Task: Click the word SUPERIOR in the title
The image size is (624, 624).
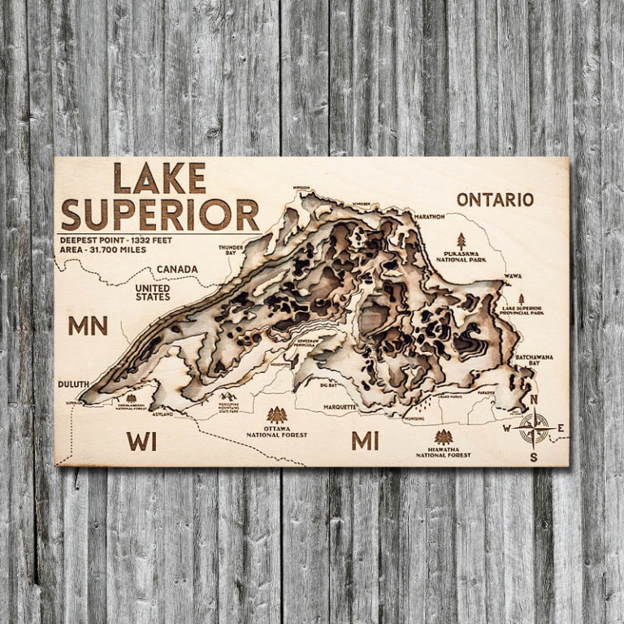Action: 160,214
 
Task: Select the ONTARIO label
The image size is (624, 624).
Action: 495,200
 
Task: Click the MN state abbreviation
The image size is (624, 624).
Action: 88,326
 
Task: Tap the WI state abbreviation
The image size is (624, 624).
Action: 141,441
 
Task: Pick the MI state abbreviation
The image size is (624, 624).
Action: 365,440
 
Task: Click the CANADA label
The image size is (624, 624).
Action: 177,269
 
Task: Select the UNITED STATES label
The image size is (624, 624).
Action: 152,292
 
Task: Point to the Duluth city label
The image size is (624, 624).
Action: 74,383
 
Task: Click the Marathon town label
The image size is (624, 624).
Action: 429,217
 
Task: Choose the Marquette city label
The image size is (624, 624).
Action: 340,406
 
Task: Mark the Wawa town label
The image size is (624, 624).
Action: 513,276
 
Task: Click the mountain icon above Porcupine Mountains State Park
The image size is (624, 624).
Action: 228,396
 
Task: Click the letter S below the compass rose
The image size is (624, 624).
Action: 534,457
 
